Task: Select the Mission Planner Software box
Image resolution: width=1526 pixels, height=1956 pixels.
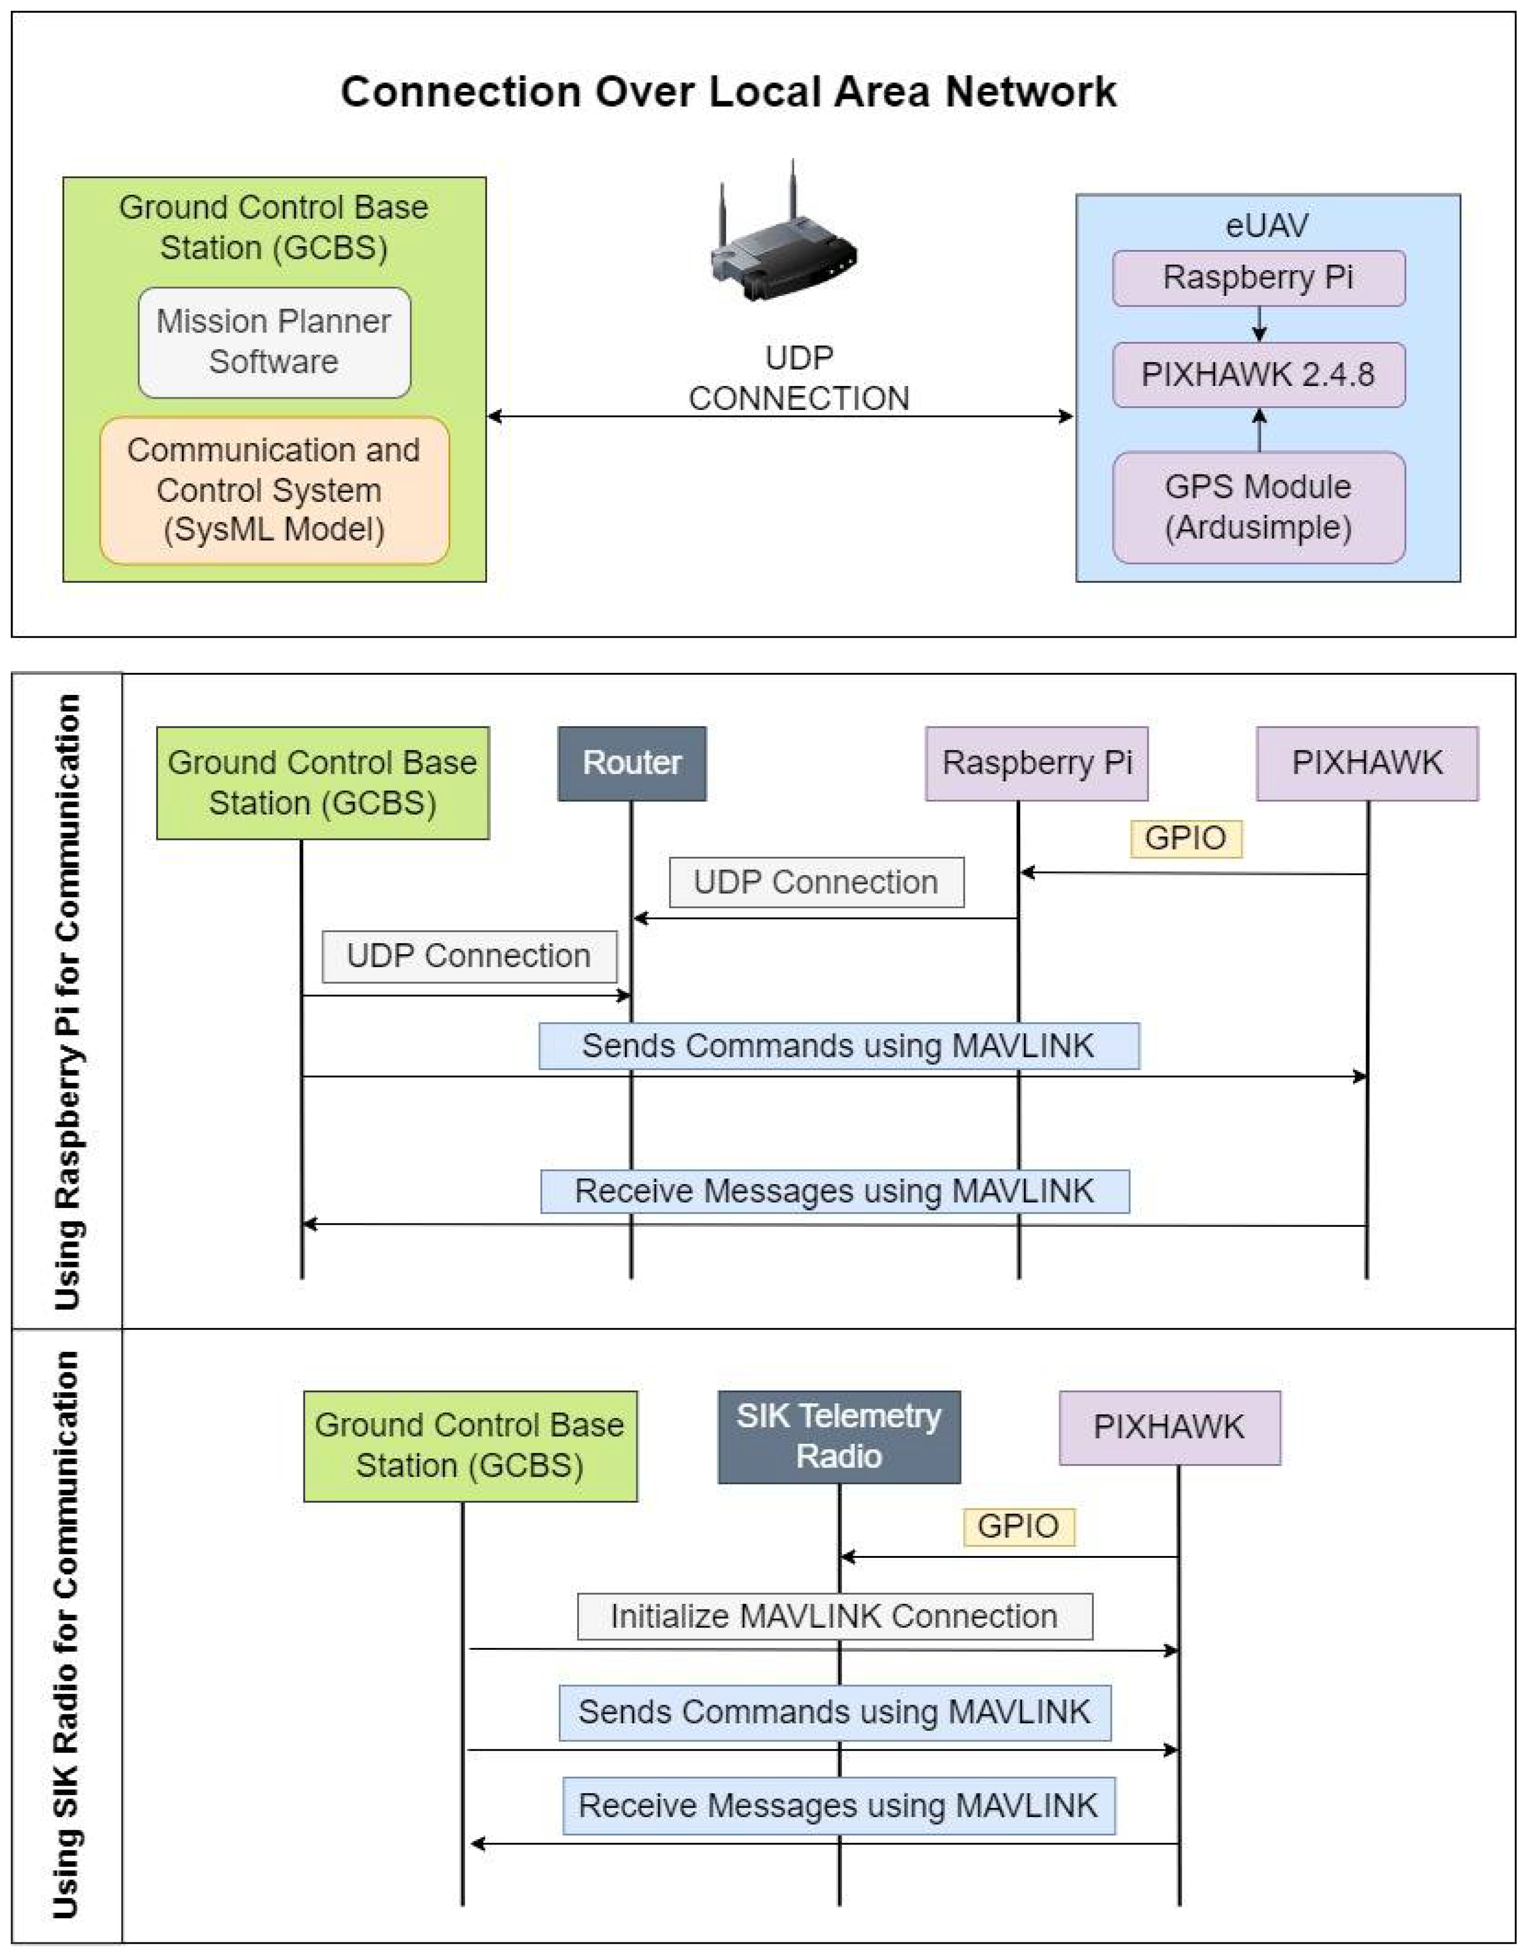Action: pyautogui.click(x=274, y=342)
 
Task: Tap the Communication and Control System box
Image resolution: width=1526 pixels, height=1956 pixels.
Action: pyautogui.click(x=274, y=490)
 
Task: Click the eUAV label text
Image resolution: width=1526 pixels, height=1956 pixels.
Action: pyautogui.click(x=1266, y=226)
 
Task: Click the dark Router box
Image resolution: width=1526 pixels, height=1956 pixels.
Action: pyautogui.click(x=631, y=763)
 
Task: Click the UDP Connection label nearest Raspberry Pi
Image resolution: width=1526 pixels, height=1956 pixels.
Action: pyautogui.click(x=816, y=882)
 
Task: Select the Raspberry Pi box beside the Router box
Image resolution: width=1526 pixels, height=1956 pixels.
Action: pyautogui.click(x=1036, y=763)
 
